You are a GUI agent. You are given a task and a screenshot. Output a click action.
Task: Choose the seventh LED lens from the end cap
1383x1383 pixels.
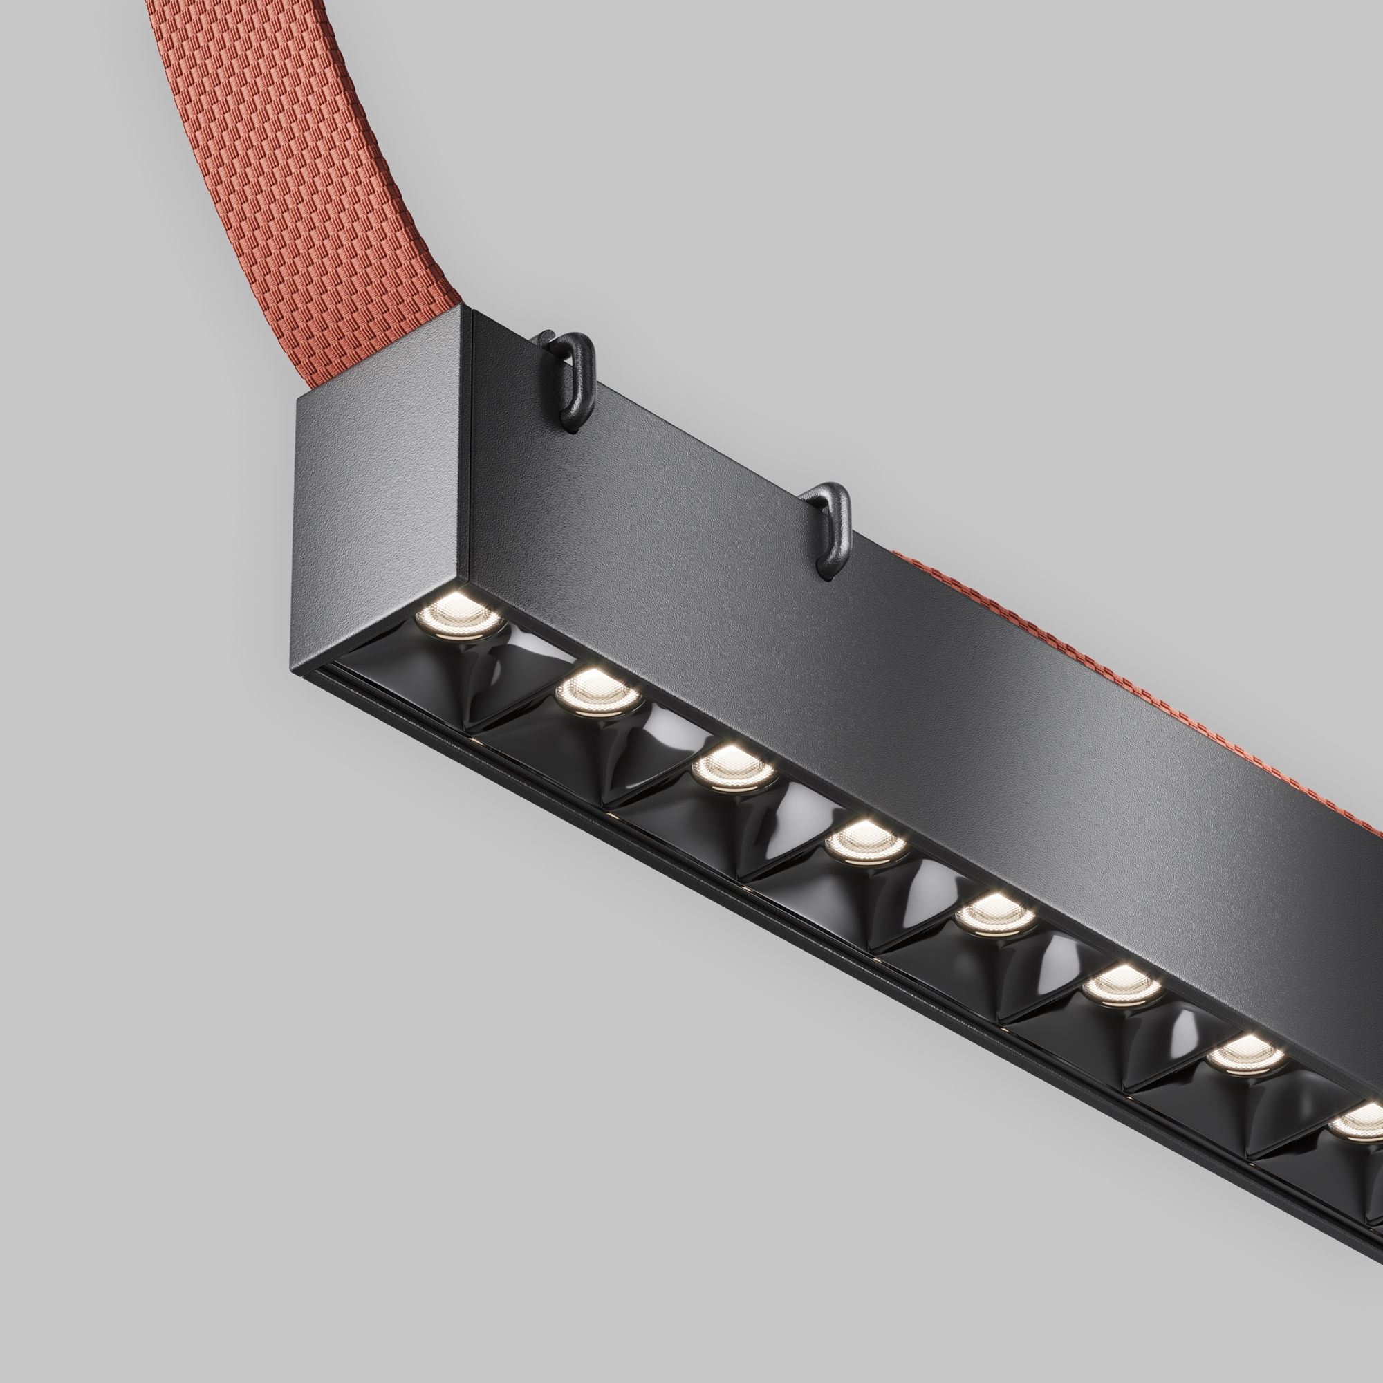click(1244, 1055)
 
